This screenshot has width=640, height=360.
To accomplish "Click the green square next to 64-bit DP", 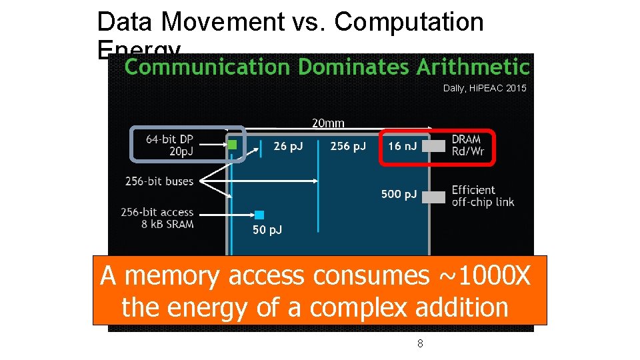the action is (x=232, y=144).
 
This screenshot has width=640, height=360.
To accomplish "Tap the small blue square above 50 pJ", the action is (x=259, y=215).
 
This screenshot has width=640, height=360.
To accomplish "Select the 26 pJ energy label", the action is (x=288, y=146).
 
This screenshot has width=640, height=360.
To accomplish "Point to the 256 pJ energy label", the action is (x=348, y=146).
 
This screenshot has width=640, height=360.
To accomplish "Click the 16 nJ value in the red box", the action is (x=403, y=146).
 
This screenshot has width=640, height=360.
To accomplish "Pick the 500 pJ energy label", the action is (x=399, y=194).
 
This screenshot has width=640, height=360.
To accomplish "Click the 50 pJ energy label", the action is (x=267, y=230).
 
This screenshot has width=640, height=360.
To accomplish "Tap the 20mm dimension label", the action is (x=328, y=123).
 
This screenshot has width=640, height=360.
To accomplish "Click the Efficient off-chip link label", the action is (x=483, y=196).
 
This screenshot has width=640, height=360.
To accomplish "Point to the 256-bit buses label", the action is (x=159, y=181).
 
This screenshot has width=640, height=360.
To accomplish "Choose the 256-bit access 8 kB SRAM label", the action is (x=157, y=218).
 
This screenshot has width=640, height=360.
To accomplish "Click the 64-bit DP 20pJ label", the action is (x=169, y=145).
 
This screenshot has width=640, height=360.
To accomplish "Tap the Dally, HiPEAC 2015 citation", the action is (x=485, y=88).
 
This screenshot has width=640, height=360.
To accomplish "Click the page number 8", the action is (x=420, y=343).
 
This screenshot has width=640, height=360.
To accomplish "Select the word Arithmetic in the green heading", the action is (x=473, y=67).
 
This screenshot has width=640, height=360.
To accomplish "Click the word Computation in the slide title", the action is (x=409, y=22).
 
